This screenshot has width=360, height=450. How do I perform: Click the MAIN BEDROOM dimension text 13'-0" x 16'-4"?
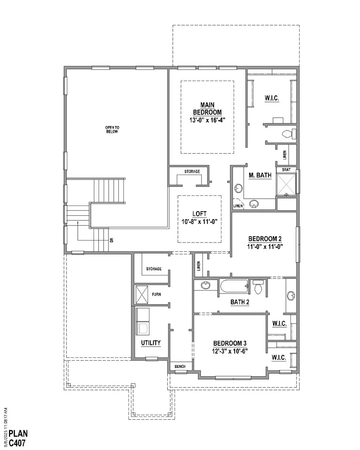[207, 120]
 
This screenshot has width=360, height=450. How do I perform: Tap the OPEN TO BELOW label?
[112, 130]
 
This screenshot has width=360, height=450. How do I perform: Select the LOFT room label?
[199, 214]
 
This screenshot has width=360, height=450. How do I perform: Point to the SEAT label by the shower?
[286, 170]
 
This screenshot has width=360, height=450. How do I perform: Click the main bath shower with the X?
[286, 185]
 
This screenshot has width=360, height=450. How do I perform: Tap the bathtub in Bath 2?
[234, 286]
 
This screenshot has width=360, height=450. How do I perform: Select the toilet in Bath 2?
[258, 287]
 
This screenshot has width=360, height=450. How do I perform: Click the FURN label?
[156, 294]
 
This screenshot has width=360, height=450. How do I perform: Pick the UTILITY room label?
[150, 343]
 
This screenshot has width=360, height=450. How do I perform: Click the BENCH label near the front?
[180, 366]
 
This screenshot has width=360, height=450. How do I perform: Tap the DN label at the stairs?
[112, 240]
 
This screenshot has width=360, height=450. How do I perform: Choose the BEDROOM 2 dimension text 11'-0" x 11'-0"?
[265, 247]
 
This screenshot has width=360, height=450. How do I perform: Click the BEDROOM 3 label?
[230, 343]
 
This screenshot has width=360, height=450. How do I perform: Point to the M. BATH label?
[260, 175]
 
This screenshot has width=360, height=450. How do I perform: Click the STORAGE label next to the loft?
[192, 171]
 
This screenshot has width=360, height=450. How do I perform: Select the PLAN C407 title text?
[18, 438]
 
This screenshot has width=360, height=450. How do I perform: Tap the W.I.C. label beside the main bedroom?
[272, 98]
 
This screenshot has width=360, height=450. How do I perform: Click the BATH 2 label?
[240, 302]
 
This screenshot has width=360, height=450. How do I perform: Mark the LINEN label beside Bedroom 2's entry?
[198, 266]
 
